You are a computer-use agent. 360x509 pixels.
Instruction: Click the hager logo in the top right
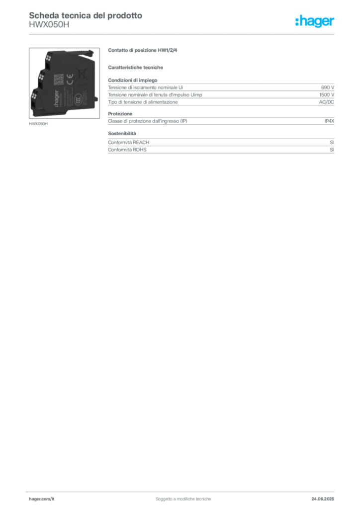click(x=315, y=21)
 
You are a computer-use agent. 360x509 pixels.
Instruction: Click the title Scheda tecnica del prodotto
click(x=86, y=15)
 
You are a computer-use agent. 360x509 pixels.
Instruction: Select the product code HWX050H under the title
click(x=49, y=25)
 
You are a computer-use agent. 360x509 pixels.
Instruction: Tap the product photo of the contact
click(x=64, y=83)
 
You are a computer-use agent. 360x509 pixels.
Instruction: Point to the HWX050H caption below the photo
click(x=38, y=124)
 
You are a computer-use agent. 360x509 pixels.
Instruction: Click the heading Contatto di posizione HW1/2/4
click(x=143, y=50)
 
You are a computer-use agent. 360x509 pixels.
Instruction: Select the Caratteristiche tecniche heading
click(x=135, y=68)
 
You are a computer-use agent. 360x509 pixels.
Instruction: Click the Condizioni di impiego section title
click(x=132, y=80)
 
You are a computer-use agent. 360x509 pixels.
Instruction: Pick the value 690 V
click(x=328, y=87)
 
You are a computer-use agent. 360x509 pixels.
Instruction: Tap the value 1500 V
click(x=327, y=95)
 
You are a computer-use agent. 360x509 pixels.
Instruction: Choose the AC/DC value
click(x=326, y=102)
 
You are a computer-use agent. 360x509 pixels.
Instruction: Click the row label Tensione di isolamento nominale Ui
click(x=145, y=87)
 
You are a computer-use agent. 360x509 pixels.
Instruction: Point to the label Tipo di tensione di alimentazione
click(x=143, y=102)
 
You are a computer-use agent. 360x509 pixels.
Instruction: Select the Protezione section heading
click(x=120, y=114)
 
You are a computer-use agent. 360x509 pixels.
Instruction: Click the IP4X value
click(x=329, y=121)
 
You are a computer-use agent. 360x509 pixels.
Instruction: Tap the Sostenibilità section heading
click(x=122, y=133)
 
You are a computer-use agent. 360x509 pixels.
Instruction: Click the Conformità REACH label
click(x=129, y=143)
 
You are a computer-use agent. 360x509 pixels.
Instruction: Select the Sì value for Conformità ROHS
click(x=332, y=150)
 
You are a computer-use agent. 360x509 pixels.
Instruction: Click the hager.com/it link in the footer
click(x=42, y=499)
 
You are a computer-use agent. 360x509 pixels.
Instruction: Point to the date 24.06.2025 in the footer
click(x=323, y=499)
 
